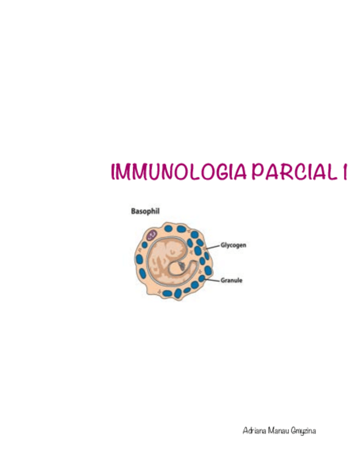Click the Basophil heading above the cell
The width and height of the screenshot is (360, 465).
[x=145, y=211]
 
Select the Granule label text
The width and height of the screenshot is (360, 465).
[x=232, y=280]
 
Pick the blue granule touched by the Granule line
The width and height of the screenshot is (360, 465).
[x=203, y=279]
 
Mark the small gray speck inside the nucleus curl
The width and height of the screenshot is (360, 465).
[x=182, y=265]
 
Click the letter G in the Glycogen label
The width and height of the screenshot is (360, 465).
[x=223, y=245]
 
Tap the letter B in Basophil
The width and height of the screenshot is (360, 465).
[x=133, y=211]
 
